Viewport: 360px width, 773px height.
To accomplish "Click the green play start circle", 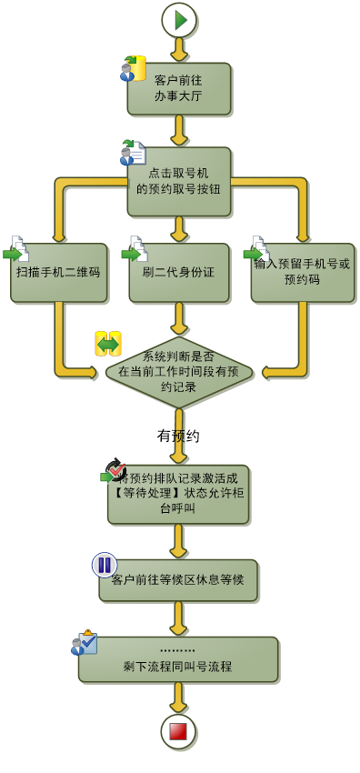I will tap(179, 19).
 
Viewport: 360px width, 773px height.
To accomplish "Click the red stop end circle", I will tap(178, 731).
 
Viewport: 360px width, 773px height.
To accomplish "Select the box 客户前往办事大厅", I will tap(179, 88).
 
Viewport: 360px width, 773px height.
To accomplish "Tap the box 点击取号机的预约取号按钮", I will tap(179, 181).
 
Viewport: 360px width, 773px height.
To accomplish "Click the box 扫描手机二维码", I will tap(59, 272).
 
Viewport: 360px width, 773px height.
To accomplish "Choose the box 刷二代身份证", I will tap(179, 272).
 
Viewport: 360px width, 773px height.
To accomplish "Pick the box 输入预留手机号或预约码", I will tap(303, 272).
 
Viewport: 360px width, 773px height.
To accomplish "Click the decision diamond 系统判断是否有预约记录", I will tap(179, 372).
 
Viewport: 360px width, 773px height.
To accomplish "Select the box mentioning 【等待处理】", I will tap(178, 494).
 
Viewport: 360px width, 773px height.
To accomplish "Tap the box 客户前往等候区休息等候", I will tap(178, 580).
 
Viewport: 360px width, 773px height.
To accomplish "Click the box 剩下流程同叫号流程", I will tap(178, 659).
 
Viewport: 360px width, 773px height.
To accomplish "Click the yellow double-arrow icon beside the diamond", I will tap(108, 344).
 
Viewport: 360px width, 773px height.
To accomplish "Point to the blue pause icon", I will tap(105, 565).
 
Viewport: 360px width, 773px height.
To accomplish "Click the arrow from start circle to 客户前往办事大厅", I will tap(179, 49).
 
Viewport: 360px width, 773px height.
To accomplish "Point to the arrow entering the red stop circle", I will tap(178, 698).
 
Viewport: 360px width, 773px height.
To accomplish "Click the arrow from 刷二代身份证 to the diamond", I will tap(179, 319).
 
